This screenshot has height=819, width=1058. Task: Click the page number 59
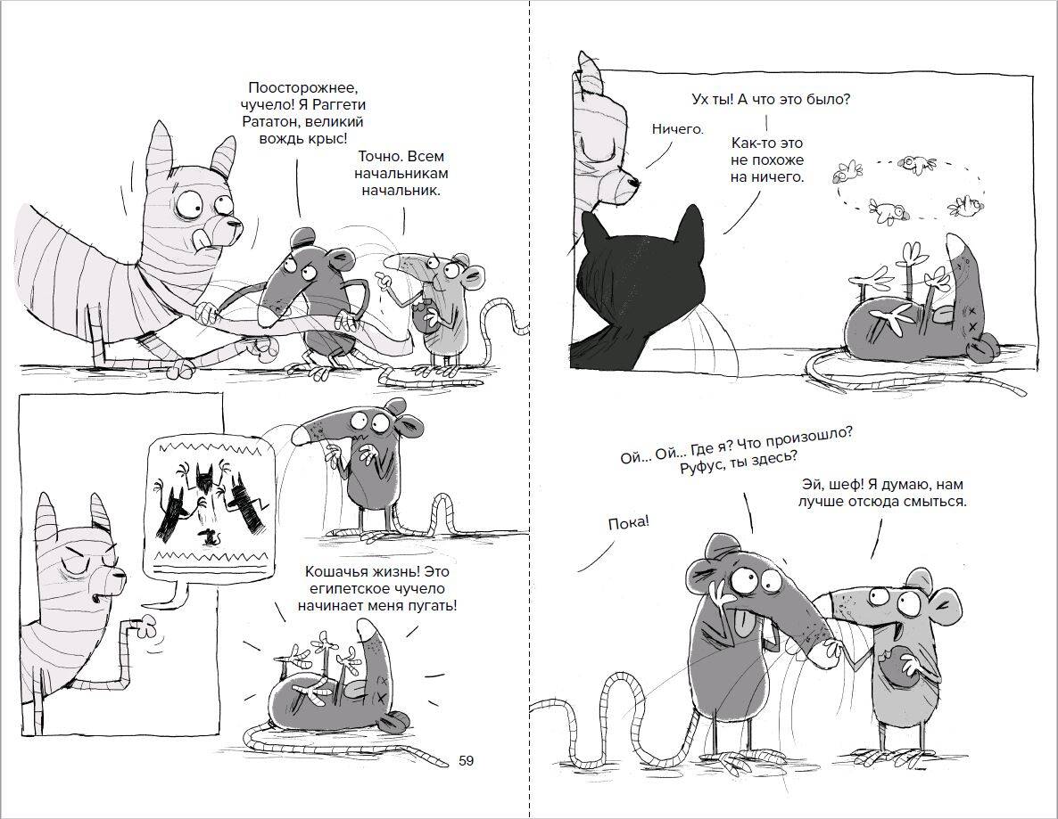point(467,761)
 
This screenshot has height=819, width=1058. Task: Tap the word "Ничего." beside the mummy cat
point(677,128)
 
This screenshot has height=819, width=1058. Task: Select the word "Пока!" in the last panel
point(628,522)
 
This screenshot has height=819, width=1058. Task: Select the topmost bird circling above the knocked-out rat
point(919,162)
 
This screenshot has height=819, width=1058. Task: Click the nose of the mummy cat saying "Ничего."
point(633,181)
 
